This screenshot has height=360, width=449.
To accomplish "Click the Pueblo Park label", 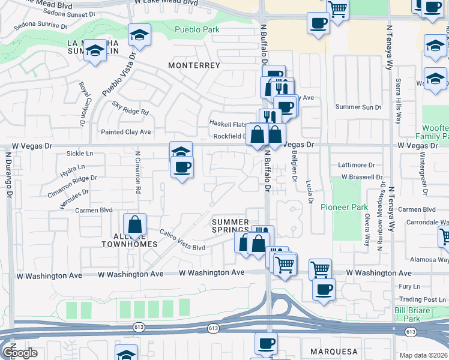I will coord(197,29).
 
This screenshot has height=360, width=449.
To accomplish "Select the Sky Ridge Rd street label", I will coord(130,107).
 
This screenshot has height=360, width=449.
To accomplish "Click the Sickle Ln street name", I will coord(80,154).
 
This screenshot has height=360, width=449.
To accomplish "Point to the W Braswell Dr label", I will coord(361,177).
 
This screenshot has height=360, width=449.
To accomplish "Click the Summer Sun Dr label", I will coord(358,107).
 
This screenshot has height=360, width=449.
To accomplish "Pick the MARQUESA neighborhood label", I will coord(334,351).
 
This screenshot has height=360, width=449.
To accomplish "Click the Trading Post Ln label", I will coord(420,299).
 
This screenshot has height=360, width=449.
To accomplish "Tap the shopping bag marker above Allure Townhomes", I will coord(135,226).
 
